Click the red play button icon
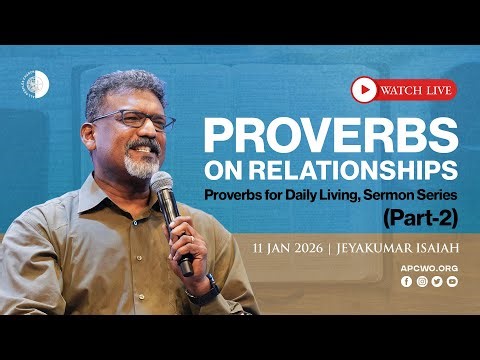pos(364,91)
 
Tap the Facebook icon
pos(406,283)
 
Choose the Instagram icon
pos(421,283)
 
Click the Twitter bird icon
pos(436,283)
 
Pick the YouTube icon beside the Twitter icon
pos(451,283)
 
